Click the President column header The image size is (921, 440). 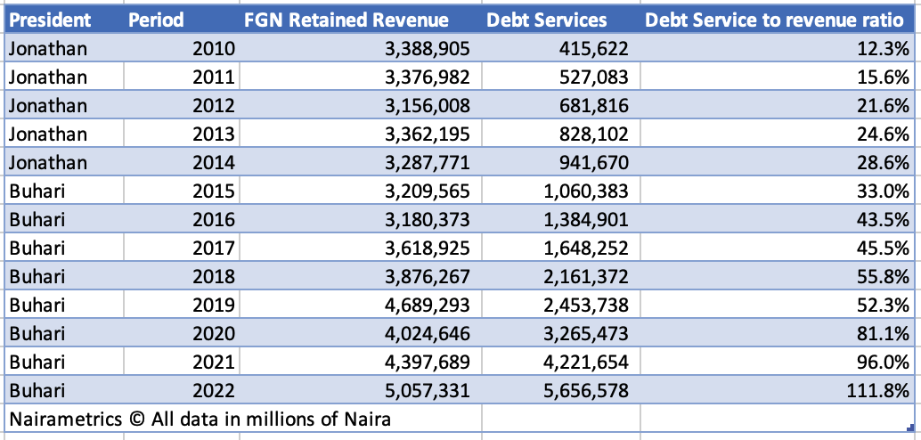click(48, 20)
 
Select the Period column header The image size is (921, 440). click(156, 20)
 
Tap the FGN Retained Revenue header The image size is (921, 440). click(346, 20)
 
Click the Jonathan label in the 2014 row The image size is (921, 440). click(48, 162)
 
